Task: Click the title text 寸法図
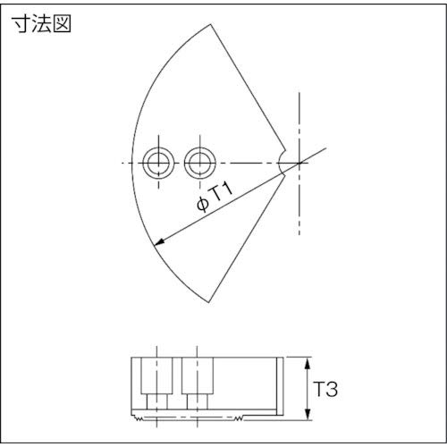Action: (x=42, y=24)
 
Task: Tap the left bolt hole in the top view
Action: (x=157, y=163)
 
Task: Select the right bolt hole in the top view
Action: (x=198, y=163)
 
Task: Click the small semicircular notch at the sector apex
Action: (x=284, y=162)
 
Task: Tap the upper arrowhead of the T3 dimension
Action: (x=308, y=360)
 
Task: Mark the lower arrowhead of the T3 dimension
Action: (x=308, y=416)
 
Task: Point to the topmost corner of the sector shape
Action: (x=211, y=24)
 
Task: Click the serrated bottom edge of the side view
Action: (x=206, y=417)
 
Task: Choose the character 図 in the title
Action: (x=60, y=24)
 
